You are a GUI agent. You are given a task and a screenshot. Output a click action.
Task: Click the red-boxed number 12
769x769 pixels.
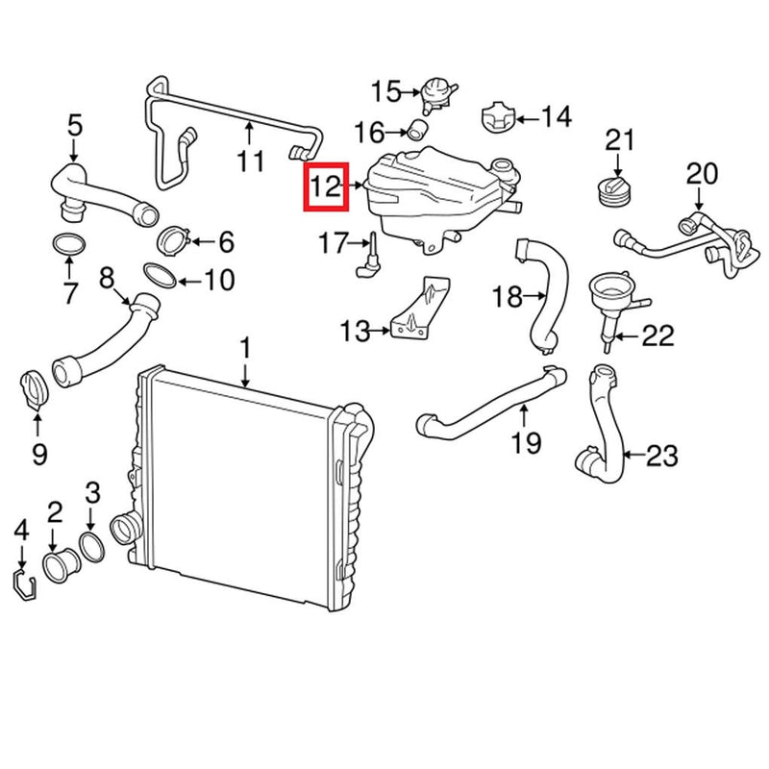point(325,185)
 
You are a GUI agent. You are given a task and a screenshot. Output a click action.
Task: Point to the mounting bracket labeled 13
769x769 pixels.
point(421,310)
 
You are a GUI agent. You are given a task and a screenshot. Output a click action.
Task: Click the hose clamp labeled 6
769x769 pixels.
point(172,236)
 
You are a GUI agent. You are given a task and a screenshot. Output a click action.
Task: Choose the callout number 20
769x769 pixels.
point(701,174)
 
